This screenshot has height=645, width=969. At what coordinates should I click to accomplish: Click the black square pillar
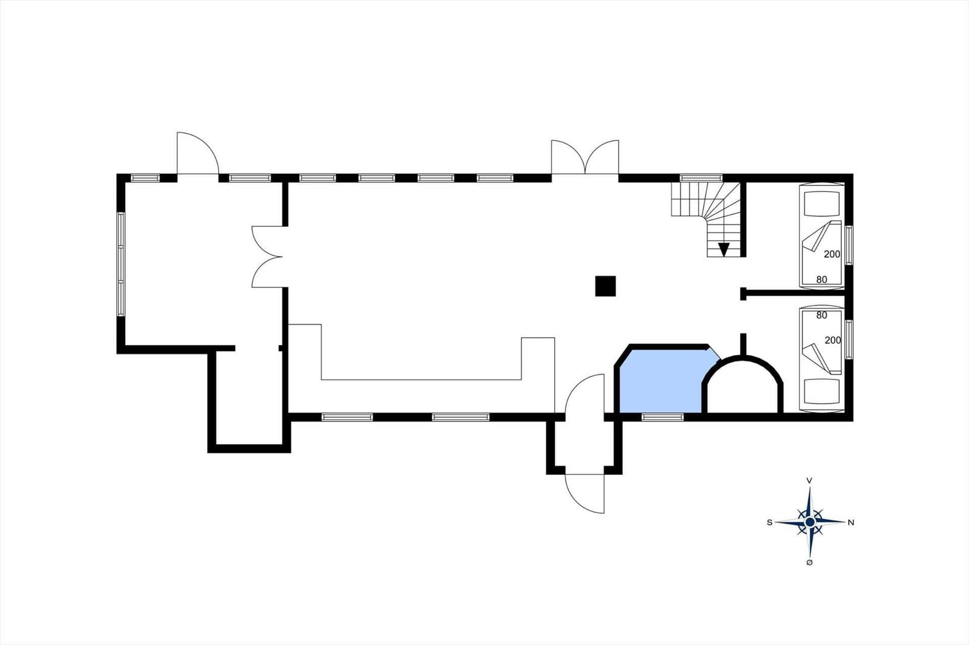tap(605, 286)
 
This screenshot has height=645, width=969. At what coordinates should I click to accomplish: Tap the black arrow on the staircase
tap(724, 249)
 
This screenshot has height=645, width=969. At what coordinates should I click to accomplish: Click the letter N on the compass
tap(851, 523)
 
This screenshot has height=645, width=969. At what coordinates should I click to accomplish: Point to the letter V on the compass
tap(809, 480)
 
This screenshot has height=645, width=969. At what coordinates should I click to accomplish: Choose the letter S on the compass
tap(770, 523)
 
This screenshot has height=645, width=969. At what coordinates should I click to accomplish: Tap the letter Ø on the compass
tap(809, 563)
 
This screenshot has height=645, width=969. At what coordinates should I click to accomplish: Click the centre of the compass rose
tap(810, 522)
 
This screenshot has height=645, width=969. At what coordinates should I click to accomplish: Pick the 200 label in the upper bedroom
tap(832, 254)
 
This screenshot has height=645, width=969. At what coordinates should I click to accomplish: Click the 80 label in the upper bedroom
tap(821, 280)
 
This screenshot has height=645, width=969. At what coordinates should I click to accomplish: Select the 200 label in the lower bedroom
tap(833, 340)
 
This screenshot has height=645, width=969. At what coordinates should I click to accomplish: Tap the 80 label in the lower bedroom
tap(821, 315)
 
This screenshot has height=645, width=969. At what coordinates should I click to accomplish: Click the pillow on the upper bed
tap(821, 204)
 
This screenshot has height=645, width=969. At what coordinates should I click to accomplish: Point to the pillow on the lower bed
tap(821, 391)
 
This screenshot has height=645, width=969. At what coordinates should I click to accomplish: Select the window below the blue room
tap(663, 417)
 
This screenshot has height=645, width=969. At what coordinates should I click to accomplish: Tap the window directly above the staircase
tap(701, 178)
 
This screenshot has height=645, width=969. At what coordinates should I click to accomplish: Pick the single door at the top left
tap(197, 153)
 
